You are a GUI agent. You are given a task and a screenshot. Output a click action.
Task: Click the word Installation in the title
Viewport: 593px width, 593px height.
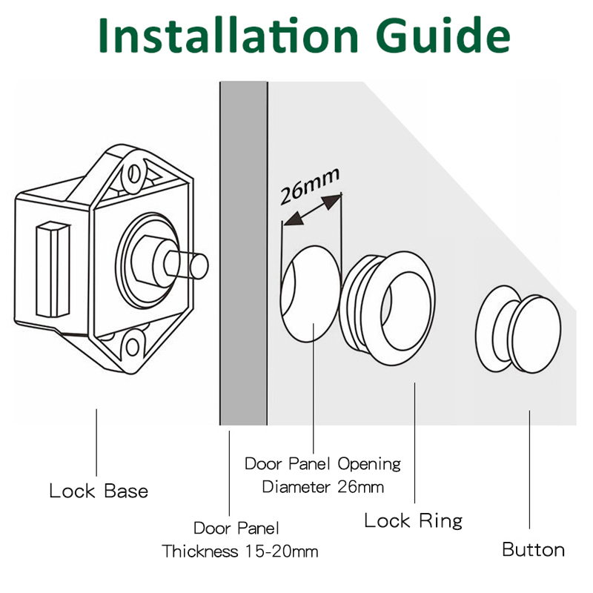pos(228,35)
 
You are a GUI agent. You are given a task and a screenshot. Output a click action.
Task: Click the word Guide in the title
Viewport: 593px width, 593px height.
pos(443,35)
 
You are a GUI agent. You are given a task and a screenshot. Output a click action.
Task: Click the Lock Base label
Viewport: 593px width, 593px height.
pos(99,491)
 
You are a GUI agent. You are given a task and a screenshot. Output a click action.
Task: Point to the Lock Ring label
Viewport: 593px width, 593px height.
pos(414,520)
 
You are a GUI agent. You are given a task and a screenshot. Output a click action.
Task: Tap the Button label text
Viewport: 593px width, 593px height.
pos(533,549)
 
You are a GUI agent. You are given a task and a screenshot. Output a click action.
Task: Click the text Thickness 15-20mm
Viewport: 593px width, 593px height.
pos(239,551)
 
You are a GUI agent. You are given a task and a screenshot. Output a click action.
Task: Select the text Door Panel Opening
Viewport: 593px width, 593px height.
pos(322,464)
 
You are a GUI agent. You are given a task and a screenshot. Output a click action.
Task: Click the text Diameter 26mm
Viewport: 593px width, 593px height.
pos(322,487)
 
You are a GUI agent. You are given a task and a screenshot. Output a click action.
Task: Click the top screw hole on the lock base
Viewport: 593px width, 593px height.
pos(134,173)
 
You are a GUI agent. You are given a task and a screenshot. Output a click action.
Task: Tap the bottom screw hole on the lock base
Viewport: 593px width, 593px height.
pos(133,346)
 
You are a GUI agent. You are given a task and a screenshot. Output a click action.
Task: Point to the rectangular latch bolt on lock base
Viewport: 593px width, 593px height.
pos(53,269)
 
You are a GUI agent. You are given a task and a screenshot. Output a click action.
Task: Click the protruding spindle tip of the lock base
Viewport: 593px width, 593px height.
pos(198,265)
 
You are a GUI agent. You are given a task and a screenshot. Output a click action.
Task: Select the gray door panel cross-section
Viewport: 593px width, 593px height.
pos(244,253)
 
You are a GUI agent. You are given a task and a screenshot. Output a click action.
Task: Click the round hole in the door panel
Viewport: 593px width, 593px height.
pos(310,294)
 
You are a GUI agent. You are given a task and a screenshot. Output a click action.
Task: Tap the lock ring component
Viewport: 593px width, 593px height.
pos(387,308)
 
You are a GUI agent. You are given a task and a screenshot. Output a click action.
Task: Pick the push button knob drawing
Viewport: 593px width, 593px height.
pos(518,329)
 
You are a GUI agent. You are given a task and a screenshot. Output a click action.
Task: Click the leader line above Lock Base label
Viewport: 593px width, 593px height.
pos(96,443)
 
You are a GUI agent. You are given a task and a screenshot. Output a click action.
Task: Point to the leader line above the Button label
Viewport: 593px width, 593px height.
pos(529,469)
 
